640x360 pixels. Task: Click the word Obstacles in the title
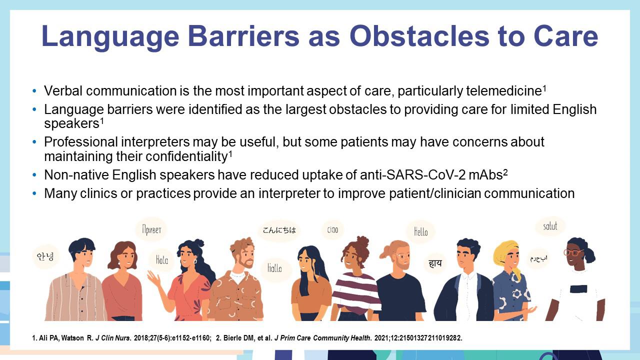419,36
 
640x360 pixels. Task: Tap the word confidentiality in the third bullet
186,156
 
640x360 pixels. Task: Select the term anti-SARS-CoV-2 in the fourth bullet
412,175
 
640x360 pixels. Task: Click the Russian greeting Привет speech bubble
151,229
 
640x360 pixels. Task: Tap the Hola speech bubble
161,260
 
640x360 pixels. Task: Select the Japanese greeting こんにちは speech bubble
279,230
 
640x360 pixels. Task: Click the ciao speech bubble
332,229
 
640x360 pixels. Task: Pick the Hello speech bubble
421,231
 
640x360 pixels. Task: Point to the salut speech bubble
550,226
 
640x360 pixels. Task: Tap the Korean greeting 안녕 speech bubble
45,256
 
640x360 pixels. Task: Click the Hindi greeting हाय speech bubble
435,263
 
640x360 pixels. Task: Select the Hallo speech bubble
274,268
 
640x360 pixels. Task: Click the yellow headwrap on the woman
507,251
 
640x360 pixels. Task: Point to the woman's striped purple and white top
355,291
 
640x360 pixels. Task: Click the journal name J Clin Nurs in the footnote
113,338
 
